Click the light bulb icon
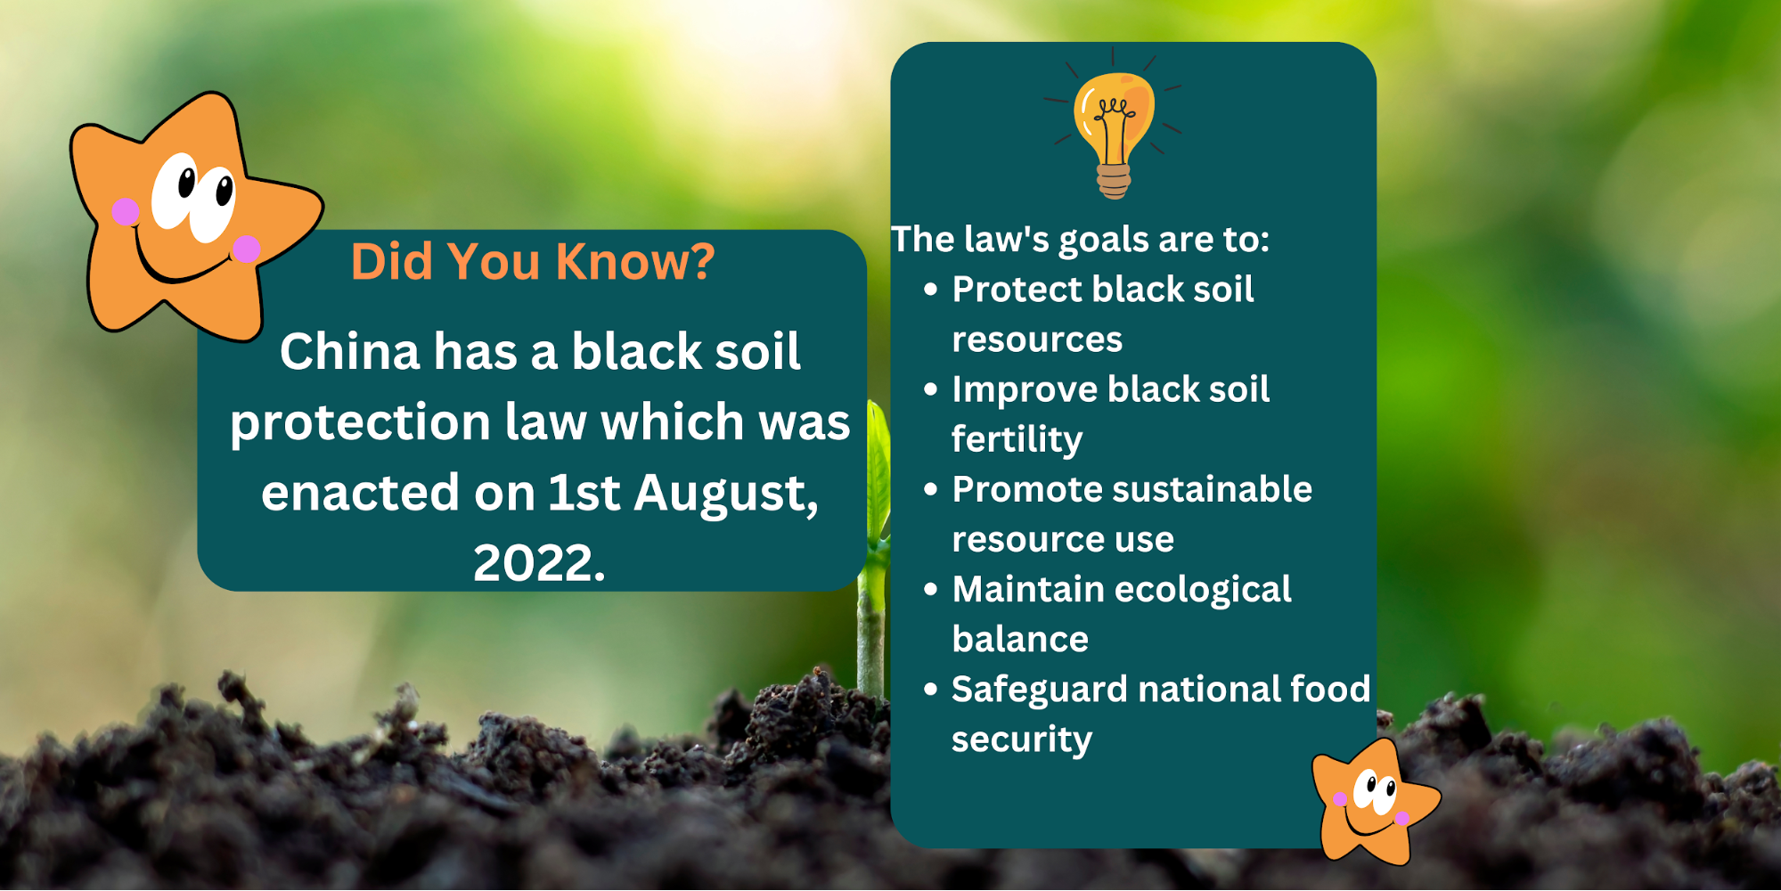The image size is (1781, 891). (1114, 125)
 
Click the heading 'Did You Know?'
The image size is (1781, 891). (533, 262)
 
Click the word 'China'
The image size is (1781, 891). (349, 351)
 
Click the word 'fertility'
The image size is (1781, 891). (1017, 439)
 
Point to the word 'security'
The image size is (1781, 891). (1021, 740)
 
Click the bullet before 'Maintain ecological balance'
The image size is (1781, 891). (931, 589)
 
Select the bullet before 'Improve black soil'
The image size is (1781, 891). (931, 389)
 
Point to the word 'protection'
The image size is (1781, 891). (360, 422)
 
